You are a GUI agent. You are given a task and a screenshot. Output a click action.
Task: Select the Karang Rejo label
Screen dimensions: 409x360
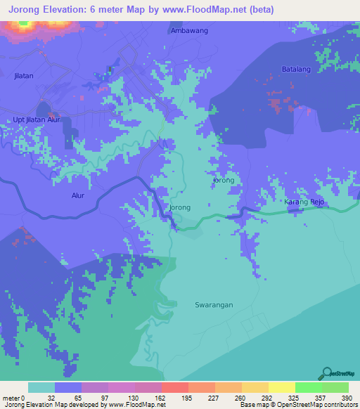[304, 202]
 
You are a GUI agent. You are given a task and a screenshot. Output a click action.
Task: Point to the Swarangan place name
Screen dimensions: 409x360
[214, 305]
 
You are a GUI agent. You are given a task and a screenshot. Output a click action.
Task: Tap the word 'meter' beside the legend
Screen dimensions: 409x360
[12, 398]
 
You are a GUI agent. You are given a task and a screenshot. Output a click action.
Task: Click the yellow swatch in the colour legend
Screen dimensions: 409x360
[281, 387]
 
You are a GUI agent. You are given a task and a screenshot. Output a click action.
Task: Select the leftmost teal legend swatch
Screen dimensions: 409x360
[41, 387]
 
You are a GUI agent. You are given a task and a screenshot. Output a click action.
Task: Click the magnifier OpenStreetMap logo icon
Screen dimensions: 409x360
[326, 372]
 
